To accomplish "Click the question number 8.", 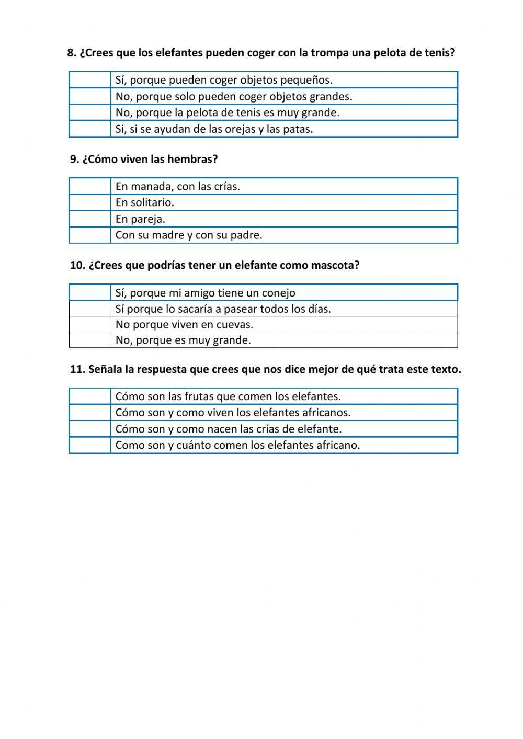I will [72, 53].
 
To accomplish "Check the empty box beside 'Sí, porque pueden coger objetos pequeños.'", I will [90, 80].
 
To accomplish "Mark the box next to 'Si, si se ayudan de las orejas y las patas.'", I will [90, 129].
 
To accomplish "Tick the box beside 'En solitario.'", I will [90, 202].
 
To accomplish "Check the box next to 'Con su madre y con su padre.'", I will [90, 235].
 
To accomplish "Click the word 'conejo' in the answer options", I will [279, 293].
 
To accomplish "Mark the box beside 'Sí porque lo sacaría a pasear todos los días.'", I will [90, 309].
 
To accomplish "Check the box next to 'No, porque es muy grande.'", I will [90, 340].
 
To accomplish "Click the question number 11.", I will [77, 369].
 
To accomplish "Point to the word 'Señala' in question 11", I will [105, 369].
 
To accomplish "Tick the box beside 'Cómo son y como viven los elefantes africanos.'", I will [90, 413].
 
